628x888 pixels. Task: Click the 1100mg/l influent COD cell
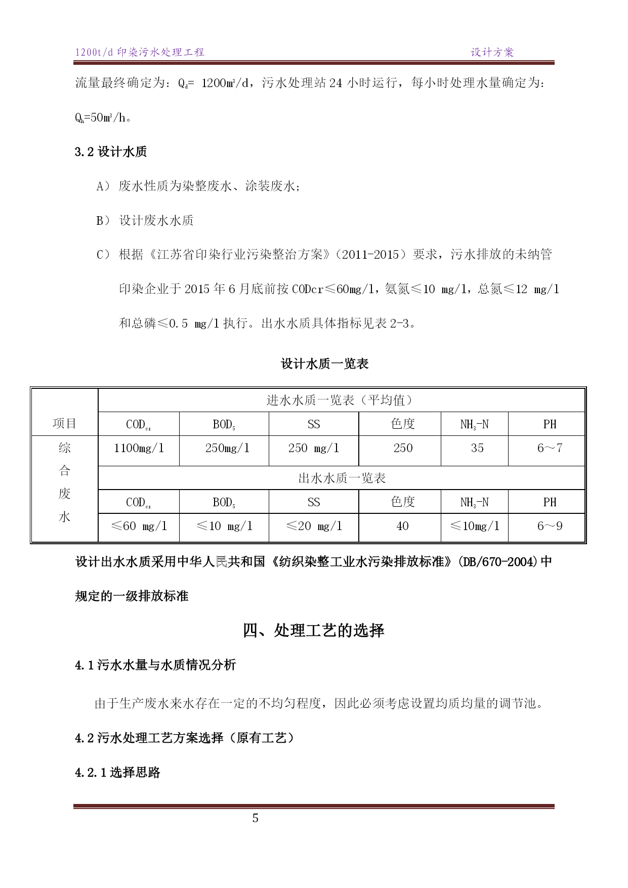pyautogui.click(x=139, y=448)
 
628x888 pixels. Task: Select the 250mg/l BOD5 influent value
pyautogui.click(x=227, y=448)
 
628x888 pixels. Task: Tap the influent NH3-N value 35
pyautogui.click(x=477, y=448)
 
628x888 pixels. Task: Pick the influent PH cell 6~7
pyautogui.click(x=550, y=448)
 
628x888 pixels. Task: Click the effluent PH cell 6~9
pyautogui.click(x=550, y=526)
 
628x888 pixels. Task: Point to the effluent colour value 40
pyautogui.click(x=402, y=526)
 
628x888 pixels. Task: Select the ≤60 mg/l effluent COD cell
pyautogui.click(x=139, y=526)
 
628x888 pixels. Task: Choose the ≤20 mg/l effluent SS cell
pyautogui.click(x=314, y=526)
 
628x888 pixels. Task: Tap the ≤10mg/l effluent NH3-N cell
pyautogui.click(x=475, y=526)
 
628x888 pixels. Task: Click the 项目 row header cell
pyautogui.click(x=64, y=423)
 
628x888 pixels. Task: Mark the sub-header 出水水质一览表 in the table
pyautogui.click(x=342, y=478)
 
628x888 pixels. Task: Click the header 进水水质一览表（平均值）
pyautogui.click(x=342, y=400)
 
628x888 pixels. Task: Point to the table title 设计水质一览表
pyautogui.click(x=324, y=364)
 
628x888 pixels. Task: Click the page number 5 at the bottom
pyautogui.click(x=256, y=818)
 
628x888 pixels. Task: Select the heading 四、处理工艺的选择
pyautogui.click(x=314, y=630)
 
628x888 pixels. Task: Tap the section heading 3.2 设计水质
pyautogui.click(x=111, y=152)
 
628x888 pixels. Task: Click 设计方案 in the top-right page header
pyautogui.click(x=492, y=52)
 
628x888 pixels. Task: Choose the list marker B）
pyautogui.click(x=103, y=221)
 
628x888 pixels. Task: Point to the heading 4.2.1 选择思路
pyautogui.click(x=117, y=773)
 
